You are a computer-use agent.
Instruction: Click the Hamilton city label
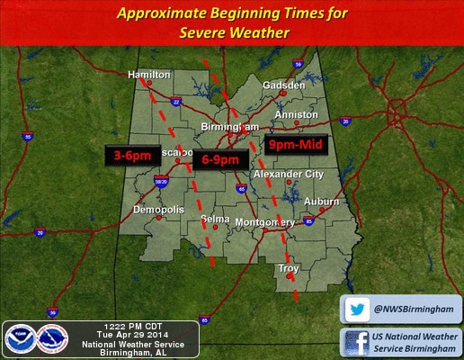[148, 74]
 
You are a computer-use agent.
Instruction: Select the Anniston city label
[297, 115]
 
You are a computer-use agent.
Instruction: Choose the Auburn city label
[322, 201]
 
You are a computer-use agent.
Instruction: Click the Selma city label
[215, 220]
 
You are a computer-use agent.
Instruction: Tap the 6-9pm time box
[219, 159]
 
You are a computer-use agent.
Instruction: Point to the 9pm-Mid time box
[298, 144]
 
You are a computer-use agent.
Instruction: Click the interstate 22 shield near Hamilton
[176, 102]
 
